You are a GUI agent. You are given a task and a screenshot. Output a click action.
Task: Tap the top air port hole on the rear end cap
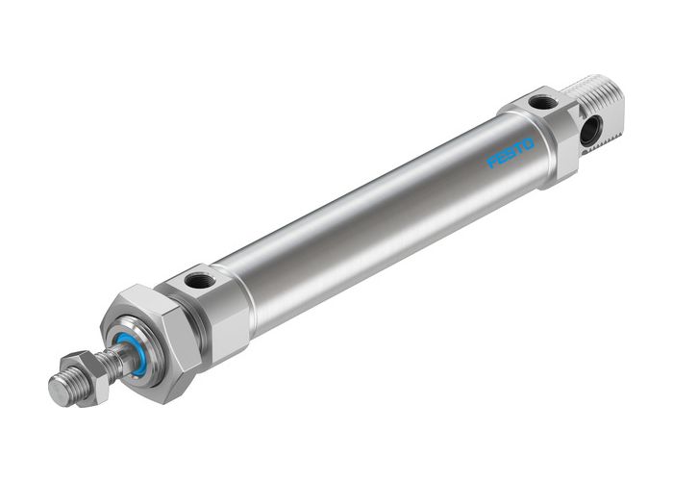542,102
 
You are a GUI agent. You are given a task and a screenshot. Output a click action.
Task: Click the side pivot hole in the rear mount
589,130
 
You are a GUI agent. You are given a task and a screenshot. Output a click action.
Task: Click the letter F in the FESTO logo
492,163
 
